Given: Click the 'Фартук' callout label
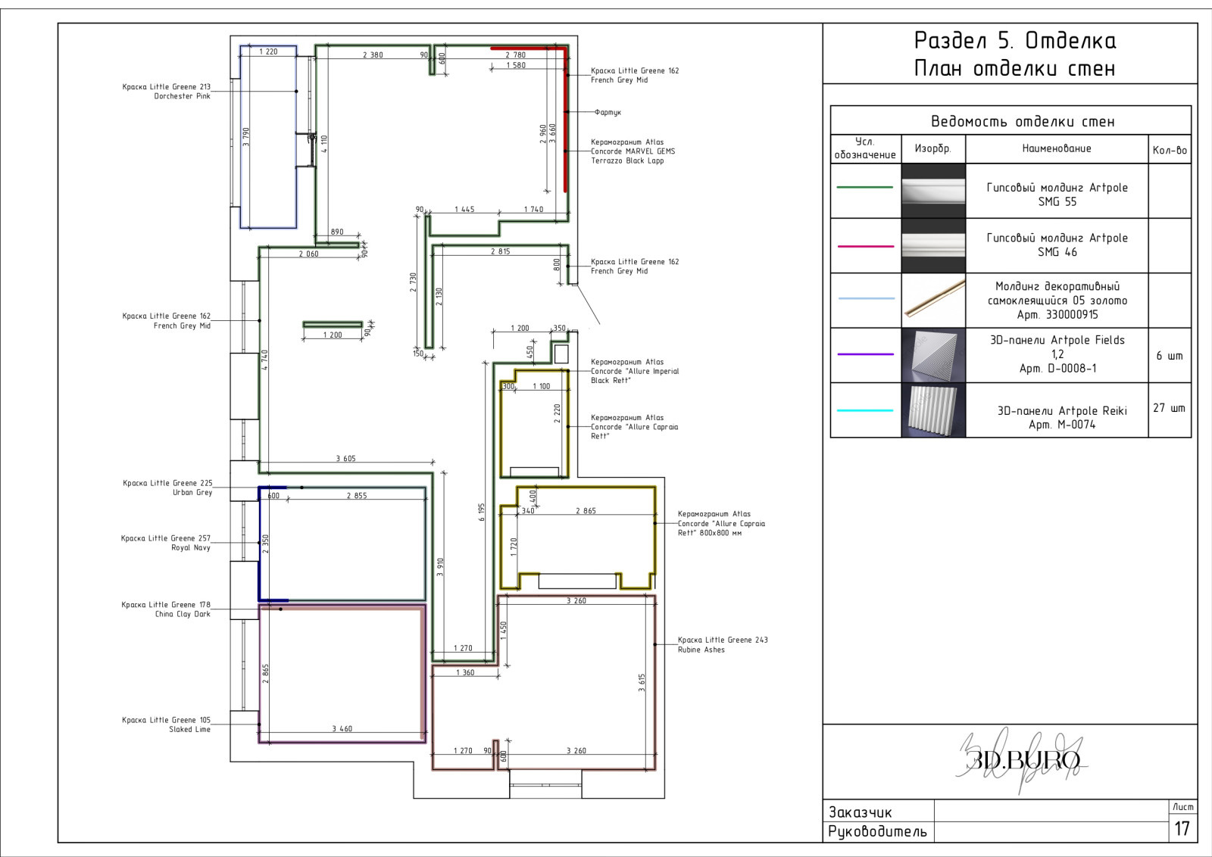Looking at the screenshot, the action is coord(608,113).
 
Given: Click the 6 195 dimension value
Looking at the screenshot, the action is coord(482,512).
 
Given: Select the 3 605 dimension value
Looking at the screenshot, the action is coord(345,459).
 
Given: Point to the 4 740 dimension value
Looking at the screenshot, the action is coord(264,360).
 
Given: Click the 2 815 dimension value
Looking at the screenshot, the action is coord(501,251).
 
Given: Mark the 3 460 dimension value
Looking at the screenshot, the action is coord(342,729).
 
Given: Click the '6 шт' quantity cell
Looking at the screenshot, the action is coord(1170,356).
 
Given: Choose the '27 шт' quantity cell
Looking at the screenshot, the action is coord(1170,408).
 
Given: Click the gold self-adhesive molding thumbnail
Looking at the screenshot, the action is coord(933,301).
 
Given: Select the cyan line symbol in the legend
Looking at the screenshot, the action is coord(865,410).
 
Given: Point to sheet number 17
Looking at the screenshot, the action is coord(1182,828).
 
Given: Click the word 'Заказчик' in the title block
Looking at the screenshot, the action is coord(861,812).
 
